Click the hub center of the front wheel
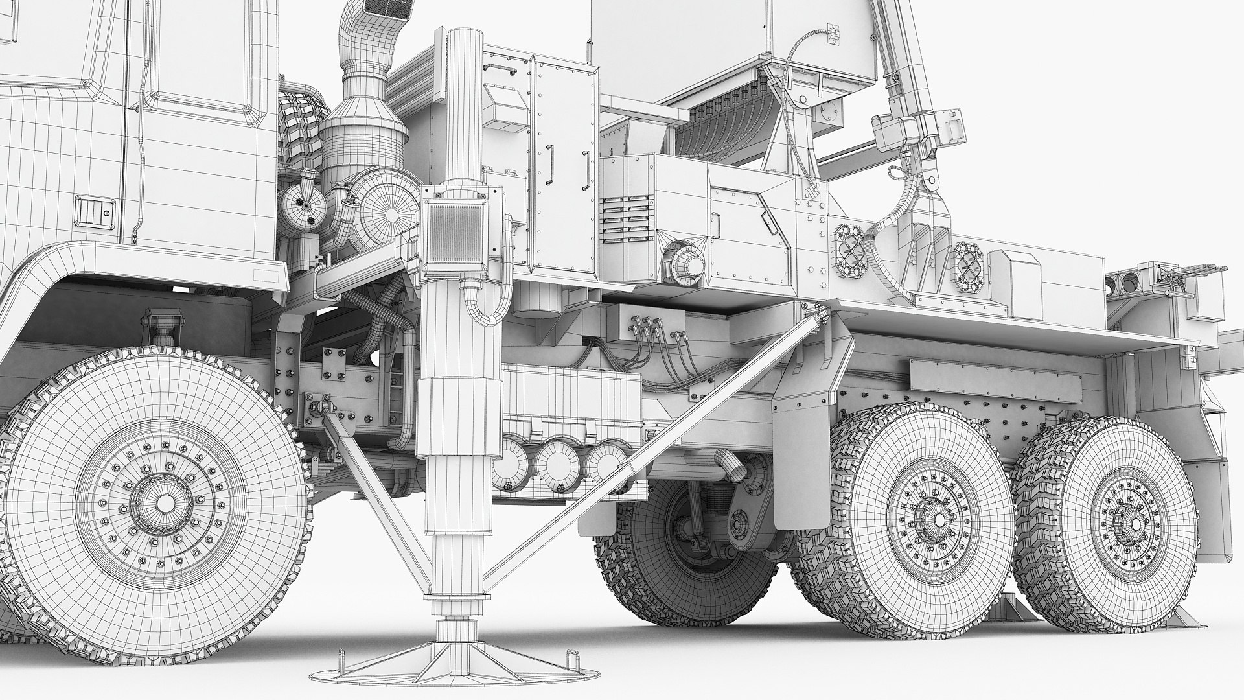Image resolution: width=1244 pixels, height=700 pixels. pos(165,503)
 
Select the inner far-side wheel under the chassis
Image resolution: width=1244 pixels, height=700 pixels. pos(687,557)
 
